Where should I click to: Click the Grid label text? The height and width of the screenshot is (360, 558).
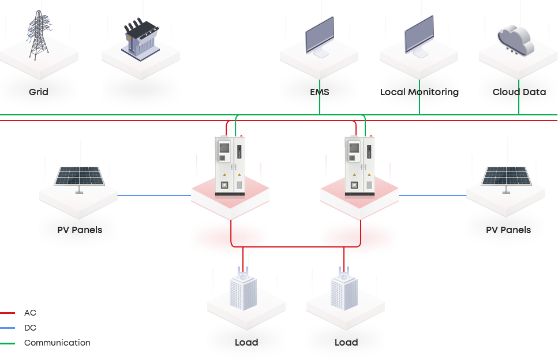pos(39,92)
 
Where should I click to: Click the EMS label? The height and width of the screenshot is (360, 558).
pos(319,92)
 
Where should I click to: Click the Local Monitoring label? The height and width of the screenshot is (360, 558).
pos(420,92)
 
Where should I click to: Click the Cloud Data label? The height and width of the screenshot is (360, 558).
pos(519,92)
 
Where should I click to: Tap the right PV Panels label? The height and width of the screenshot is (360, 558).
pos(508,230)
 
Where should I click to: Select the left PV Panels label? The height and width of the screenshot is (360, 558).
pos(80,230)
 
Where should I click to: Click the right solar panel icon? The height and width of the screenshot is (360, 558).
pos(506,177)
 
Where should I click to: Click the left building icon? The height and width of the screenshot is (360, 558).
pos(246,291)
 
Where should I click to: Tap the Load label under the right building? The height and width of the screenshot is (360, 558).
pos(346,342)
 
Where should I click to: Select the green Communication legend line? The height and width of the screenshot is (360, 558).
pos(8,343)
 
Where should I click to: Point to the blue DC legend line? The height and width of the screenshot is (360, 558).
pos(8,328)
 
